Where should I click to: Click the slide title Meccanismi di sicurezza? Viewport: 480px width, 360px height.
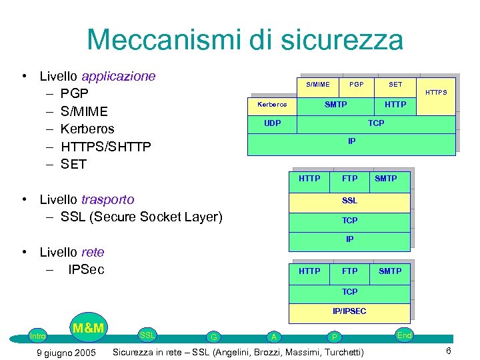pos(245,39)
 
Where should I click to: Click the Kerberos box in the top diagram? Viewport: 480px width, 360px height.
pos(272,105)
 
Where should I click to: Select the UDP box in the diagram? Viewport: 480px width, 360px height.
pos(272,123)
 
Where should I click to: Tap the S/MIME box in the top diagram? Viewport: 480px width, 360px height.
pos(318,85)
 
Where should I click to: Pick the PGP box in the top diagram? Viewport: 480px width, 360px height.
pos(356,85)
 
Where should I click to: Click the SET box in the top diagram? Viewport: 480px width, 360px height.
pos(395,85)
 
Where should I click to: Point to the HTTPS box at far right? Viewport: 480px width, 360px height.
pos(436,93)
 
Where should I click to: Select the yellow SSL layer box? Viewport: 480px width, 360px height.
pos(349,201)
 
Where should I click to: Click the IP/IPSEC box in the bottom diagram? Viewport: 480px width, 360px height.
pos(349,311)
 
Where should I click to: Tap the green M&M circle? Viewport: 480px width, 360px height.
pos(88,328)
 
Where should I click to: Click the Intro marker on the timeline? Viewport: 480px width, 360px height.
pos(38,336)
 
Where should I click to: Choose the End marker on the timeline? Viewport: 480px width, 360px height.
pos(404,335)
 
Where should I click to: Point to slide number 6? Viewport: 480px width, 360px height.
pos(449,351)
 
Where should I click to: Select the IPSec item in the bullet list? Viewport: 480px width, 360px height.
pos(86,269)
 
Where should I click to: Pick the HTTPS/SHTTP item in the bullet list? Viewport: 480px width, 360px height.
pos(105,147)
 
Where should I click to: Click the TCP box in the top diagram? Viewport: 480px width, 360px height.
pos(376,123)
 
